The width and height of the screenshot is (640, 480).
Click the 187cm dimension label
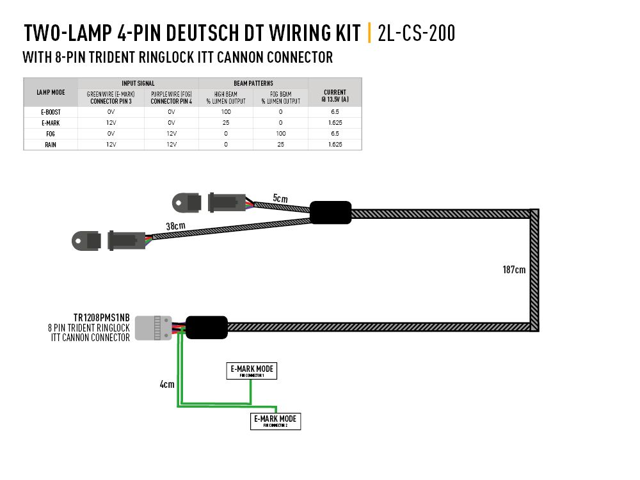click(514, 269)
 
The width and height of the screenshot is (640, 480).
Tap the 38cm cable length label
click(176, 226)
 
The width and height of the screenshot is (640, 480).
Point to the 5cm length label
click(280, 198)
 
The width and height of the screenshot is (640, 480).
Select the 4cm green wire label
click(167, 385)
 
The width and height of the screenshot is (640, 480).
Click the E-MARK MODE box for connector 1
click(252, 371)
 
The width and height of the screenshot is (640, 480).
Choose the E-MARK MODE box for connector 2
click(275, 421)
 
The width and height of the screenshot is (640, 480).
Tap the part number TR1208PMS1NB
click(101, 317)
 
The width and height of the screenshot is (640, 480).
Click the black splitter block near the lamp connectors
click(331, 212)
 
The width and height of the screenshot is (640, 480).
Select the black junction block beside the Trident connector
click(206, 327)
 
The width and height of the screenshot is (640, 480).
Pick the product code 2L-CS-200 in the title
click(417, 33)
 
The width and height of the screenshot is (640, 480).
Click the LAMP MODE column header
click(50, 92)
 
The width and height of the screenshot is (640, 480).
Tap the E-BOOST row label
click(50, 111)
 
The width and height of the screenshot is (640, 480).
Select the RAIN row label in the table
click(50, 145)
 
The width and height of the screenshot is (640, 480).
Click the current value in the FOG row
click(335, 134)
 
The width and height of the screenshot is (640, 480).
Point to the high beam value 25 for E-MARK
click(226, 122)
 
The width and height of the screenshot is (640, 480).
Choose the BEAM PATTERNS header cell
click(253, 83)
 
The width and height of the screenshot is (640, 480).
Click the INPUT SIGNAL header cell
click(138, 83)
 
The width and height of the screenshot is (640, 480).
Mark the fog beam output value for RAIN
click(280, 145)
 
